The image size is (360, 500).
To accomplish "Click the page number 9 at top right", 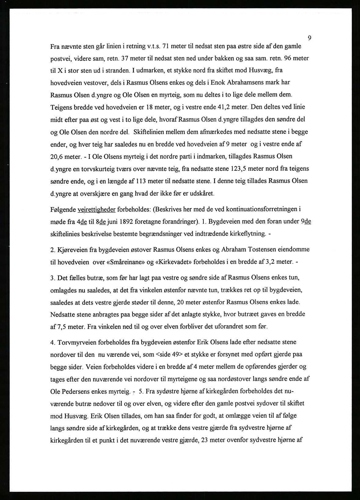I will tap(309, 38).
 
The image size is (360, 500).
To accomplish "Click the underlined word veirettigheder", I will tap(96, 210).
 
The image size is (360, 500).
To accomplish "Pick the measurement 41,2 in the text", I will tap(219, 107).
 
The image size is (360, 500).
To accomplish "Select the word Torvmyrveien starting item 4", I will tap(73, 342).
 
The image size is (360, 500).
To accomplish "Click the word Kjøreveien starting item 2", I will tap(72, 249).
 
